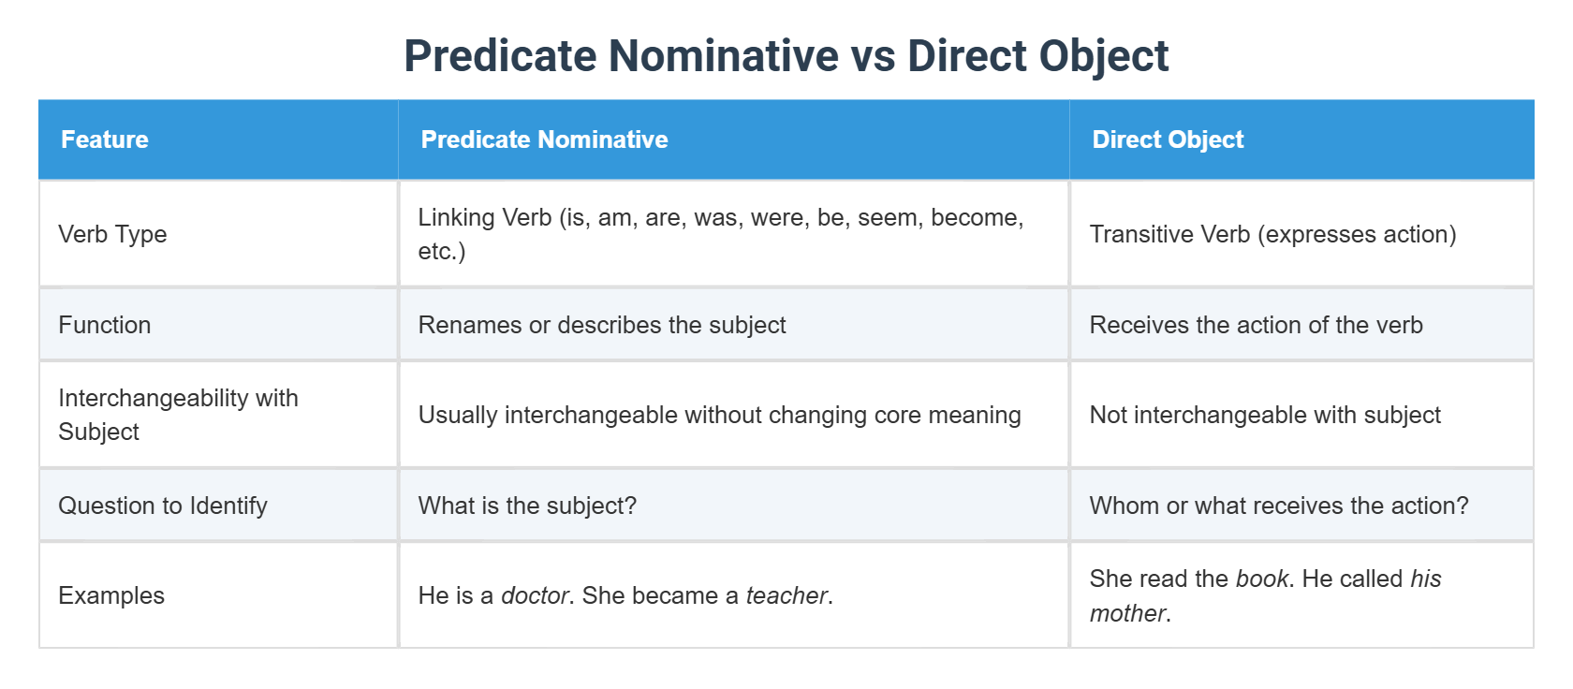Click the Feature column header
(105, 139)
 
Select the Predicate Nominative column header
(544, 139)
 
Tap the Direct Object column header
(1168, 139)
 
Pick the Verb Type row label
(112, 234)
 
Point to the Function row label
(105, 325)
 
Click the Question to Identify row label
(163, 506)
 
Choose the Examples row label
(111, 595)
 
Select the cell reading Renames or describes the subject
(602, 325)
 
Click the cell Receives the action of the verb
(1256, 325)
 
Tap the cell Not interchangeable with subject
(1265, 415)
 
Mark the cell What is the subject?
(527, 506)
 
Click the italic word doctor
(535, 595)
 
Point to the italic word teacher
(786, 595)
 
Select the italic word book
(1262, 579)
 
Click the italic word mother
(1127, 613)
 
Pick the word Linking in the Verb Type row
(457, 217)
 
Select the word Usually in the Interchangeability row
(458, 415)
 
